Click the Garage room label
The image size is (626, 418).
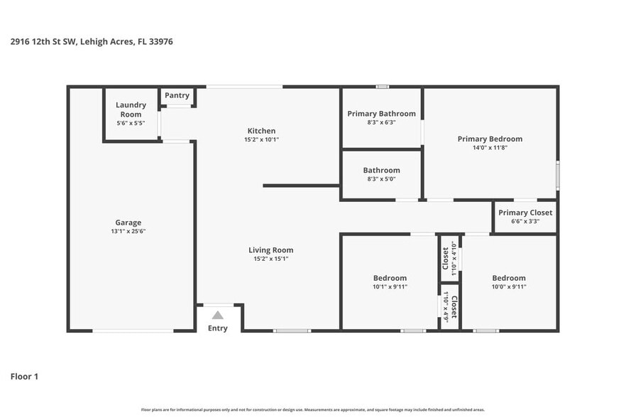click(x=128, y=223)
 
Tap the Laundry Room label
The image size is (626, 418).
click(x=131, y=109)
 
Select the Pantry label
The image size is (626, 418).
click(x=177, y=95)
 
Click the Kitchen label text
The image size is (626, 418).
click(x=261, y=131)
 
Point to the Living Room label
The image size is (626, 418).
click(x=270, y=250)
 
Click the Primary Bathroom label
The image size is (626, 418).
click(x=381, y=114)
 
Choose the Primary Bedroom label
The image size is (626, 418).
click(x=490, y=139)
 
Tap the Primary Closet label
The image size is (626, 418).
click(x=525, y=213)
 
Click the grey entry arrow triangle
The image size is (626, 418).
click(x=218, y=315)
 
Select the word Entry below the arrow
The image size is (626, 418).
click(x=218, y=328)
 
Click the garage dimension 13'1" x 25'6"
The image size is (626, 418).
click(x=128, y=231)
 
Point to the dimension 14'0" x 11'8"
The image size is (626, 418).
click(x=490, y=148)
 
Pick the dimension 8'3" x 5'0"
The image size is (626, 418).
click(x=381, y=179)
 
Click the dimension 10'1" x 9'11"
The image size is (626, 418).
click(x=390, y=286)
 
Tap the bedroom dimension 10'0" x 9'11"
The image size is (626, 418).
click(x=509, y=286)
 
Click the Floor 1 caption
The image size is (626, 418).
click(x=24, y=376)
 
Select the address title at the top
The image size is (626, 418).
click(x=92, y=42)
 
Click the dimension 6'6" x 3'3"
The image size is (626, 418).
click(x=525, y=221)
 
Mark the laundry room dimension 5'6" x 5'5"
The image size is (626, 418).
click(x=131, y=123)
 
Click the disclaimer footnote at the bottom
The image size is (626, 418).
click(x=312, y=409)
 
